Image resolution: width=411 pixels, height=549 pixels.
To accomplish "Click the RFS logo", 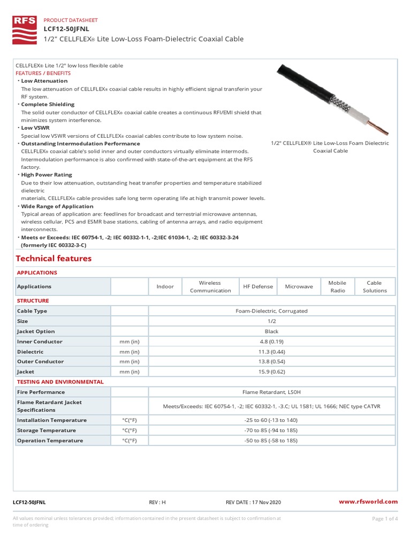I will click(25, 30).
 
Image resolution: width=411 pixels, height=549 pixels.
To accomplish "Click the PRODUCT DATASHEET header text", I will click(71, 20).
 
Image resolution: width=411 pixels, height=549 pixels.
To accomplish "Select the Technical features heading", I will click(54, 258).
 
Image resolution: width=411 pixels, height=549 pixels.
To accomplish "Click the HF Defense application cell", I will click(258, 286).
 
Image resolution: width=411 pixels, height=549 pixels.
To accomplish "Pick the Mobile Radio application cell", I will click(337, 286).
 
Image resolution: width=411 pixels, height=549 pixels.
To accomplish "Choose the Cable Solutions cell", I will click(375, 286).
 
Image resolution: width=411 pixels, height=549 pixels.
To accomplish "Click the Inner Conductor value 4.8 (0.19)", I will click(271, 342).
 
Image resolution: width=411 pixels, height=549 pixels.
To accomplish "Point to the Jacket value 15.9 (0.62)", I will click(271, 372).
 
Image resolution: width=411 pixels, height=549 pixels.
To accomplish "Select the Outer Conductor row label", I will click(40, 362).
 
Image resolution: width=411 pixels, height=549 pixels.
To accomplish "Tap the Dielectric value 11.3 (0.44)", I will click(271, 352).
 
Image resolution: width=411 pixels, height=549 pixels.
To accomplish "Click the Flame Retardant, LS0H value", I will click(271, 392).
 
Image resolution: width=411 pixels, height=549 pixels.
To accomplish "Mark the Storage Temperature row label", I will click(47, 431).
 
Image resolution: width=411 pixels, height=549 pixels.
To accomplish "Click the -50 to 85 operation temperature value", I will click(271, 441).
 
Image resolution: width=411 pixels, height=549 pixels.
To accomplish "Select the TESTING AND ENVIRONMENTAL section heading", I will click(60, 382).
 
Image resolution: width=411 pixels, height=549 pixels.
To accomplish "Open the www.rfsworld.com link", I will click(369, 502).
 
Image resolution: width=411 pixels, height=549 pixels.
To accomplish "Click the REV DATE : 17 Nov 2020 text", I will click(253, 502).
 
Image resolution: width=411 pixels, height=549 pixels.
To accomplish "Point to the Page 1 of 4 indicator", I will click(384, 518).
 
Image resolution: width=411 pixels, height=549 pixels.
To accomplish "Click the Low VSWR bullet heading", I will click(35, 128).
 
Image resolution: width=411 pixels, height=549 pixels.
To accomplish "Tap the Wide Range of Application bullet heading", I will click(57, 206).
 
